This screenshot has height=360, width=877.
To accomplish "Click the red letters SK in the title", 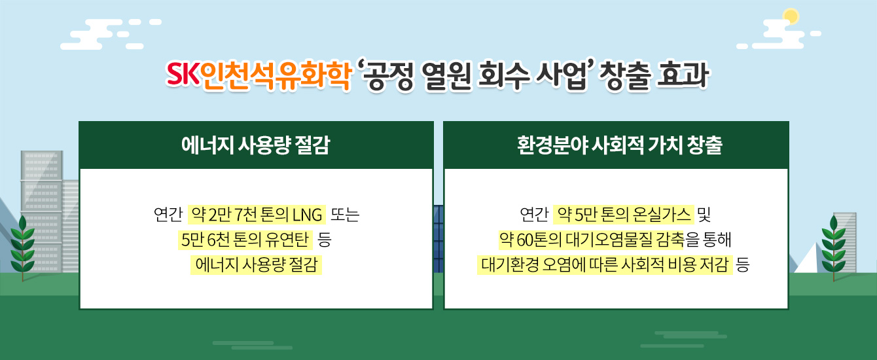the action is pos(183,74).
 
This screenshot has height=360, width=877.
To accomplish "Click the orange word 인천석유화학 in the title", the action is pos(276,75).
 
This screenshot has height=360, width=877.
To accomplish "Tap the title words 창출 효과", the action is pos(654,75).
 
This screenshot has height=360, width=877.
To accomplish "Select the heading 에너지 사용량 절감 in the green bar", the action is pos(256,145).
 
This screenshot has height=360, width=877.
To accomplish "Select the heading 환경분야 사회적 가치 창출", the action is pos(620,145).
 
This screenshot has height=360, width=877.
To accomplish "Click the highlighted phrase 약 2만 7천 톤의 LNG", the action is pos(257,215).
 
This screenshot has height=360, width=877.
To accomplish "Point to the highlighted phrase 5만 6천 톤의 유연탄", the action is pos(245,240).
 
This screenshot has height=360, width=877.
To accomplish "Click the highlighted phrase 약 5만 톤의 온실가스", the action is pos(624,215).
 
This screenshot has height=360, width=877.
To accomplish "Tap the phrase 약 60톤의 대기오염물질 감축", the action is pos(592,240).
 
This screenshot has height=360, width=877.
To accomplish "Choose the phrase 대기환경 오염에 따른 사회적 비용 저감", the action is pos(605,265).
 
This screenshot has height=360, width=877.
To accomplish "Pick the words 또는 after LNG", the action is pos(345,215).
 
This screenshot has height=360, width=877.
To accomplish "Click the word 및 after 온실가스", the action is pos(704,215).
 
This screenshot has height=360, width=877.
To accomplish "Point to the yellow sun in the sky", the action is pos(791,16).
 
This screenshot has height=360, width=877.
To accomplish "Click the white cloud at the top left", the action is pos(111,34).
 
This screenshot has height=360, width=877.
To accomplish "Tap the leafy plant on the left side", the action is pos(22,247).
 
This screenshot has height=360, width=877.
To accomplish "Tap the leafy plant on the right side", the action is pos(834,247).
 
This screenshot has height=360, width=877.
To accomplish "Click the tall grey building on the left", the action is pos(41,211).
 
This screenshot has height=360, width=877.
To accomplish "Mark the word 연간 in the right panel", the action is pos(534,215).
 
